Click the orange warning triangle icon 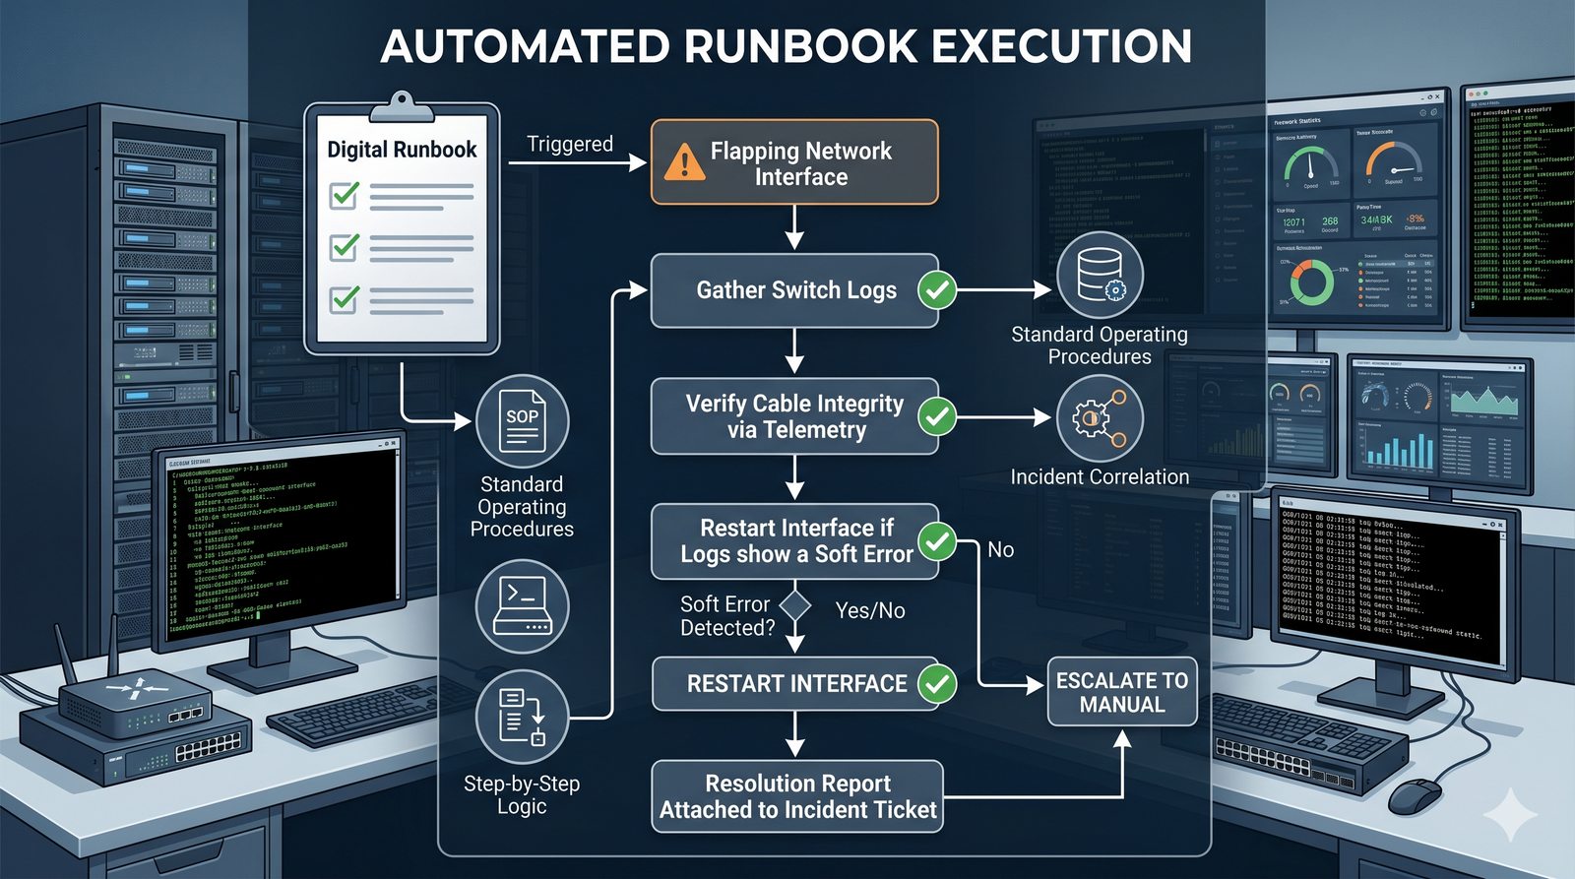point(684,163)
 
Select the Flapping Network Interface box point(794,163)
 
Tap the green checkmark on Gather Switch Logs point(936,290)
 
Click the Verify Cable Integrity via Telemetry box point(794,416)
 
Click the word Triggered point(570,145)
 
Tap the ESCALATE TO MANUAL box point(1121,692)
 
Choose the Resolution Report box point(797,796)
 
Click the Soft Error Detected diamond point(795,605)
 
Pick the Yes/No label point(870,611)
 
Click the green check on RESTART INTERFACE point(936,684)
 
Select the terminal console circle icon point(522,606)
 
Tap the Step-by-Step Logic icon point(522,716)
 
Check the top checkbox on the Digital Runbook point(344,195)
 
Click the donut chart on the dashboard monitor point(1311,282)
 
